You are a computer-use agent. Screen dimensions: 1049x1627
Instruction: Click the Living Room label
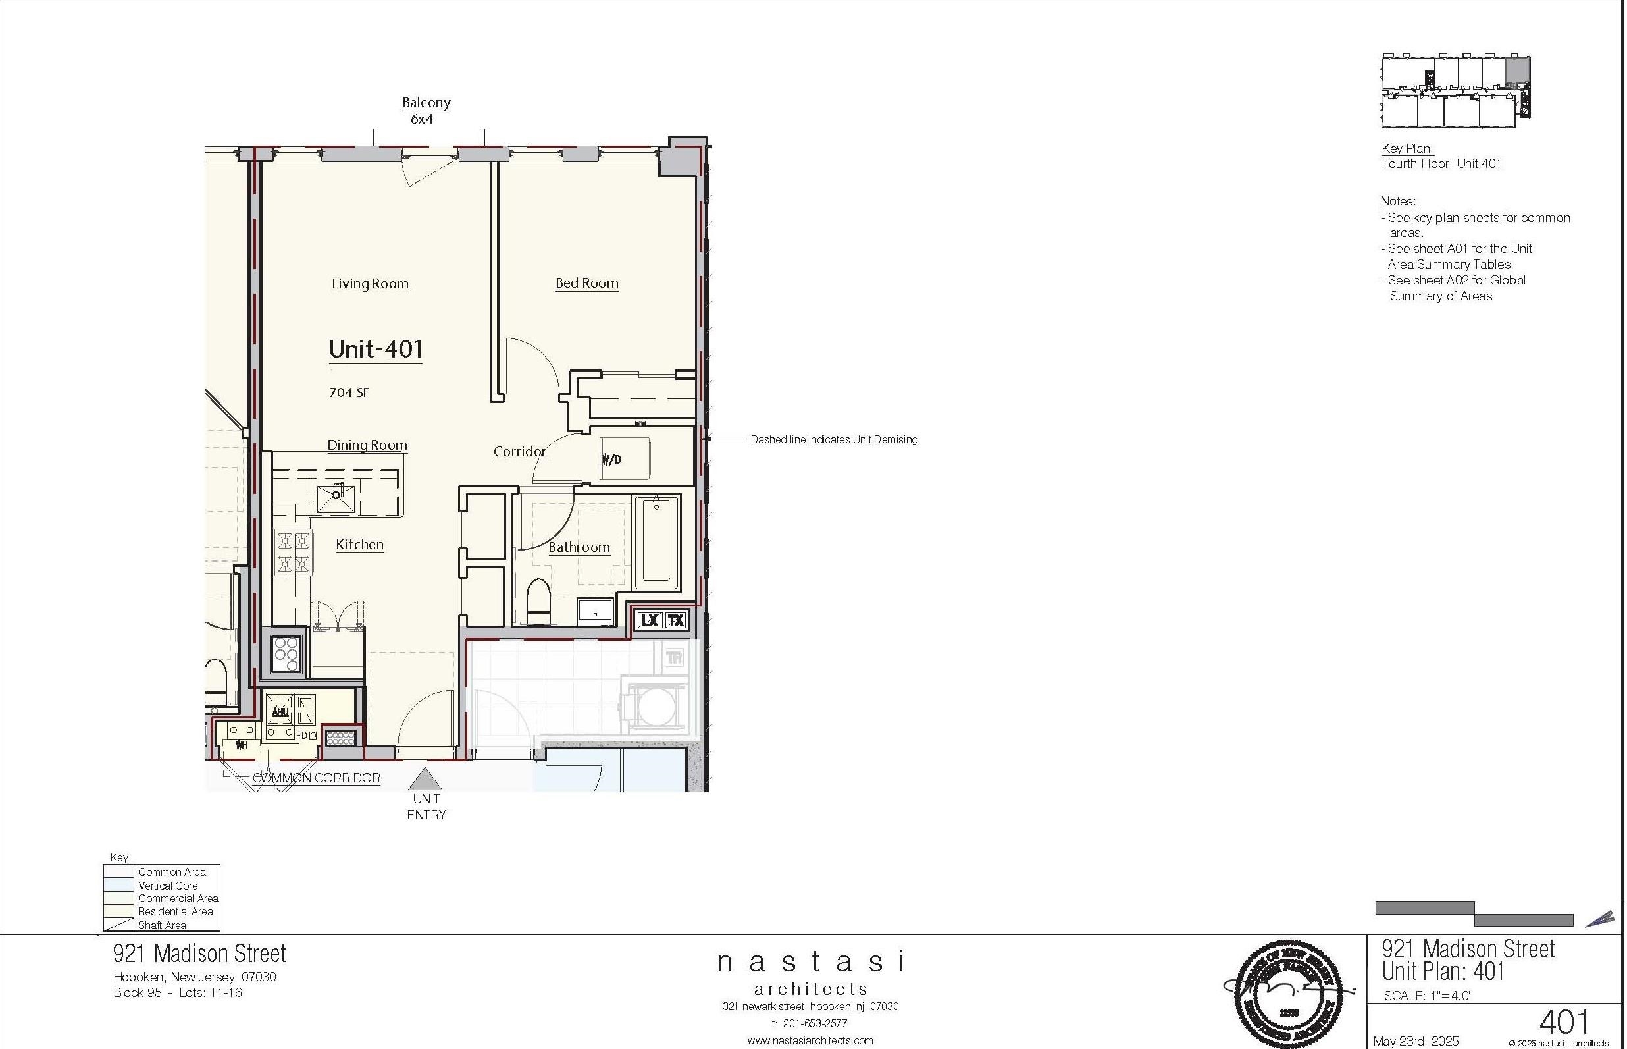(x=370, y=283)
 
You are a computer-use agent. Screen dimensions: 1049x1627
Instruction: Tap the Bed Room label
(x=587, y=282)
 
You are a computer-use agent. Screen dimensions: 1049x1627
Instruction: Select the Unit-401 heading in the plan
(x=376, y=349)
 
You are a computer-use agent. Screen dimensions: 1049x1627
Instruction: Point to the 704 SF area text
(x=349, y=392)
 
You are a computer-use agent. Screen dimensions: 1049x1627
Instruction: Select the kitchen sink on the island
(x=336, y=498)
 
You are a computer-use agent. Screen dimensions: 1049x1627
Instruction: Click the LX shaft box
(x=650, y=620)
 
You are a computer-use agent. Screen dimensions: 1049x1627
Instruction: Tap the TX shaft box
(x=675, y=620)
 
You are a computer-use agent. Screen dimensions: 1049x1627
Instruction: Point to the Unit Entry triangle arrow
(x=425, y=778)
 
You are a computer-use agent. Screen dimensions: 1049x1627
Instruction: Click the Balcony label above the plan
(x=426, y=103)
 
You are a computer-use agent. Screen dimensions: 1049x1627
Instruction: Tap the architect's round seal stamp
(x=1288, y=994)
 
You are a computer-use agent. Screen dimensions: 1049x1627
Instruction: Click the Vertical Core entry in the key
(x=167, y=886)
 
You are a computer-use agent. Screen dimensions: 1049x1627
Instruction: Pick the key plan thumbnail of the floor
(x=1455, y=92)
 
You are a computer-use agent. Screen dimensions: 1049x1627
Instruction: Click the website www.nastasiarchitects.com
(x=810, y=1040)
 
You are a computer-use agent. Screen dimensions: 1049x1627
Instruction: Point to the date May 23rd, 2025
(x=1416, y=1041)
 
